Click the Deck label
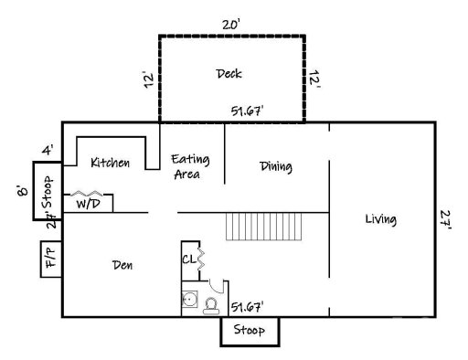[x=229, y=73]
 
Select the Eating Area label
[x=191, y=166]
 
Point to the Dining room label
[x=275, y=167]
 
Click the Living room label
[x=380, y=219]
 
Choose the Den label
[x=123, y=266]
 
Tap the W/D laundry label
[x=89, y=204]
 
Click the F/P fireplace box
[x=48, y=257]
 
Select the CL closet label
[x=187, y=259]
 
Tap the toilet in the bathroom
[x=210, y=304]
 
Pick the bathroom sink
[x=190, y=299]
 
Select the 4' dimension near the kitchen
[x=47, y=150]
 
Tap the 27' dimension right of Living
[x=444, y=219]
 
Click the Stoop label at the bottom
[x=249, y=330]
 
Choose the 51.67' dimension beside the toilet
[x=248, y=307]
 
